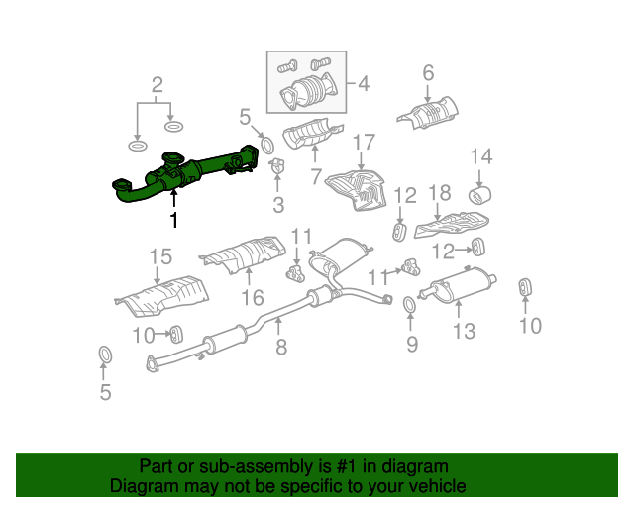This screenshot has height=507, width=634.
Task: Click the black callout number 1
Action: pos(174,220)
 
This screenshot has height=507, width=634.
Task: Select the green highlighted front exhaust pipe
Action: pos(186,174)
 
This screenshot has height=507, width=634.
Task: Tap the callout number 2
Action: pos(158,85)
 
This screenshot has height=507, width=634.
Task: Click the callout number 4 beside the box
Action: pos(364,84)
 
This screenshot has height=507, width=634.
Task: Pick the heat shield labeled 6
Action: pos(429,113)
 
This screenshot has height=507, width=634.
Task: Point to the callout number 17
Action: pos(364,143)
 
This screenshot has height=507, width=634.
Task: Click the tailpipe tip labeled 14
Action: pos(479,195)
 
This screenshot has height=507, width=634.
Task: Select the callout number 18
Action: pos(440,192)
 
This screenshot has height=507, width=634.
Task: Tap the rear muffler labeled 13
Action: pos(457,285)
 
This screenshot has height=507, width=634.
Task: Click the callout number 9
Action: pos(412,344)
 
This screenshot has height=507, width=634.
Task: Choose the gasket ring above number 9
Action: pos(409,305)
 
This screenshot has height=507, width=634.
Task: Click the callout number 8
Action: pos(281,347)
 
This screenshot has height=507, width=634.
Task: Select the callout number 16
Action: pos(253,298)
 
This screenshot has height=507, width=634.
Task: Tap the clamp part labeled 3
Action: pos(277,166)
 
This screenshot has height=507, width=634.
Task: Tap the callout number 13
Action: pos(465,332)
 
